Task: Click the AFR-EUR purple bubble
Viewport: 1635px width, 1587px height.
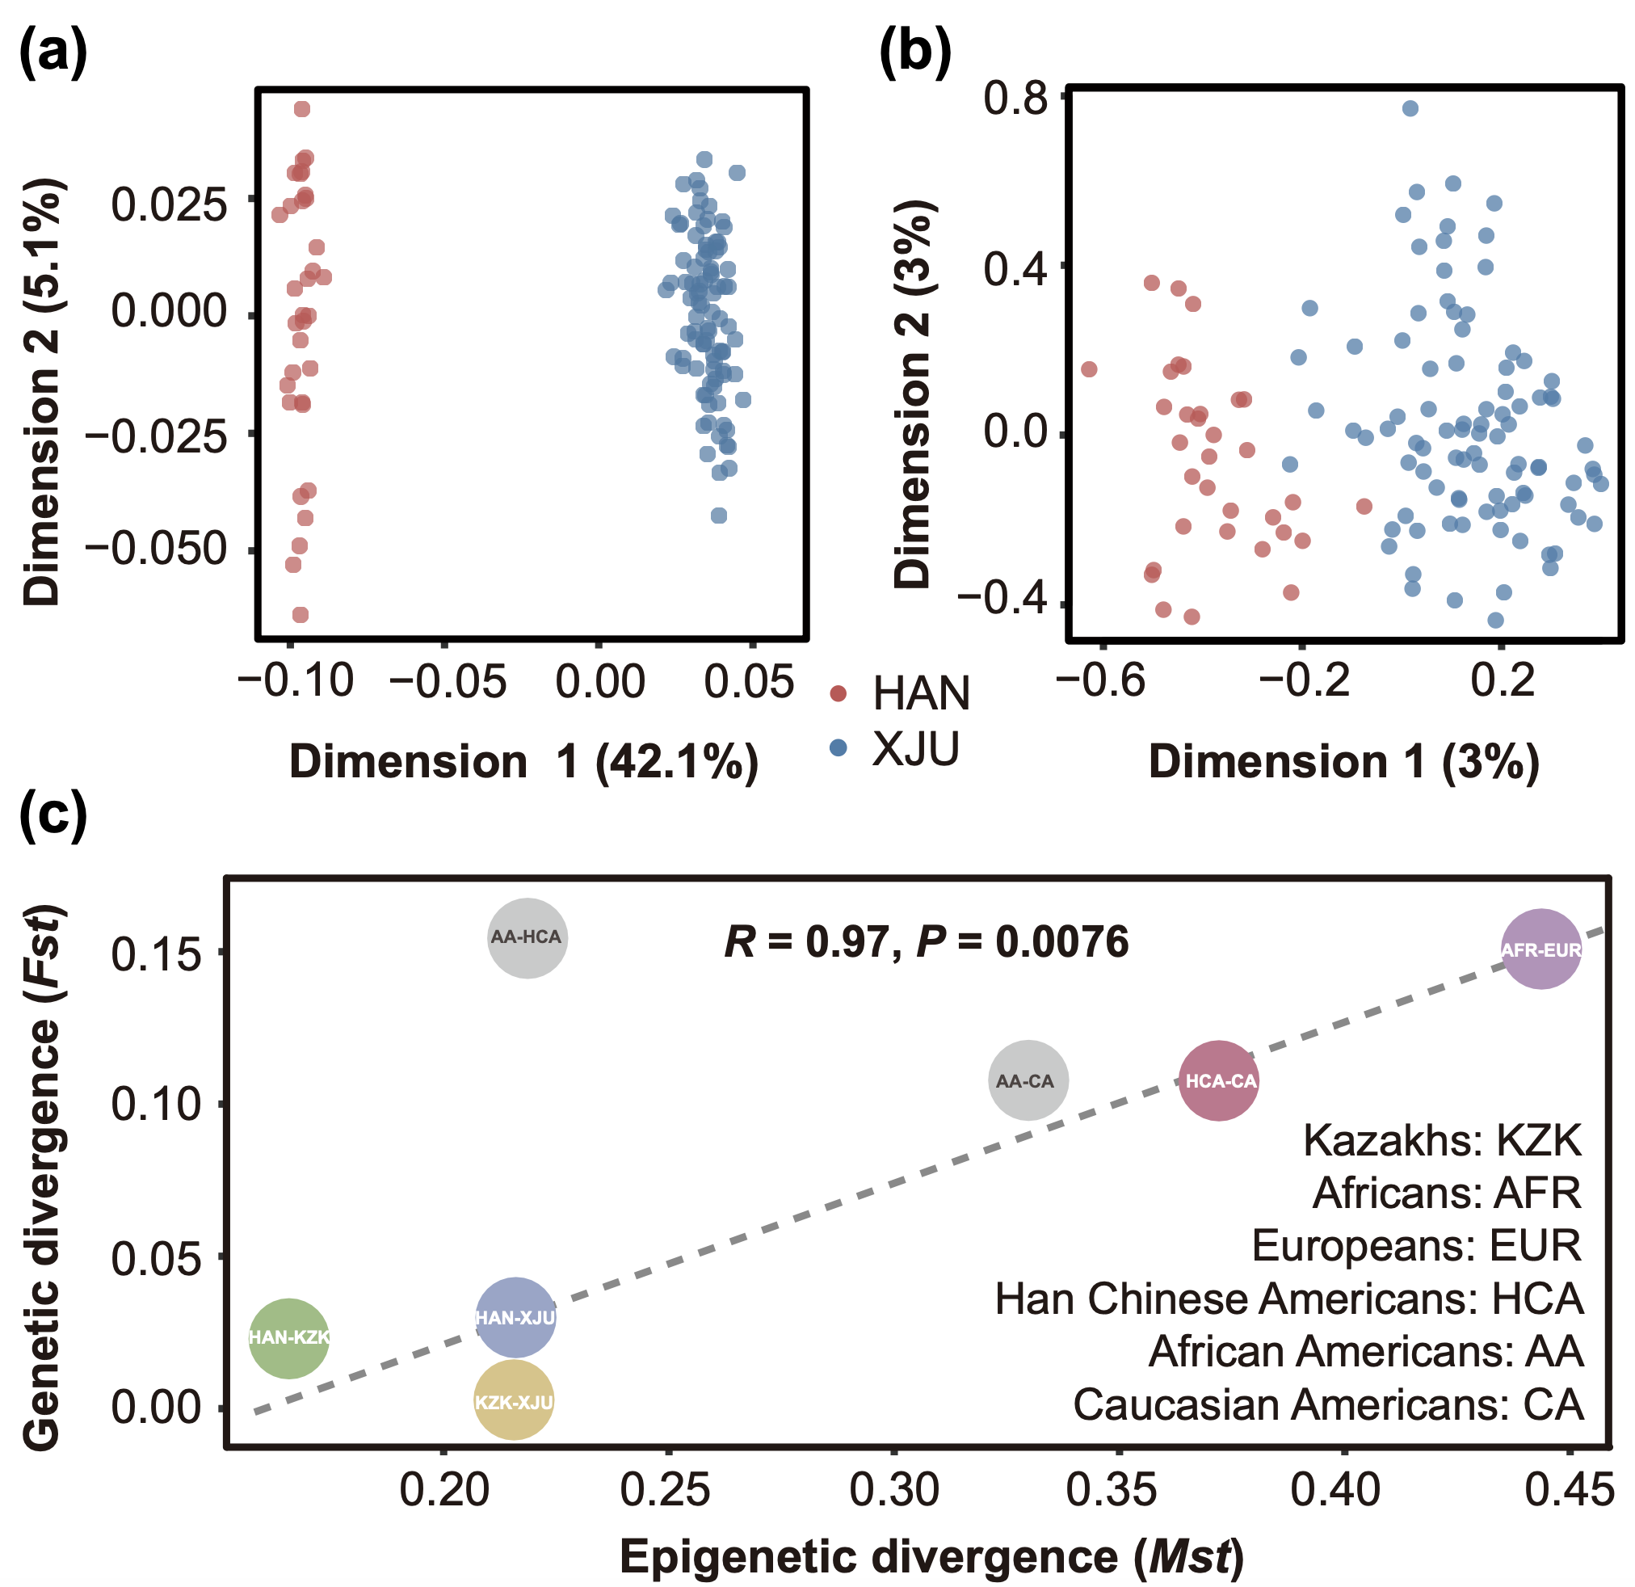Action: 1540,949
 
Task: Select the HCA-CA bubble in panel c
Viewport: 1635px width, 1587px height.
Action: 1219,1080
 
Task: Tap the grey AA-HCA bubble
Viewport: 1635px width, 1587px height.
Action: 527,938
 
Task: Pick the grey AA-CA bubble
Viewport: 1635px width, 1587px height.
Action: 1028,1080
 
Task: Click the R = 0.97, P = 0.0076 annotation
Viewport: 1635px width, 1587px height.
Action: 926,942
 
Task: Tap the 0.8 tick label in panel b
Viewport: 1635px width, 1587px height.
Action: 1015,98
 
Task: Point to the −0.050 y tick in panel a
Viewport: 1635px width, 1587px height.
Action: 157,549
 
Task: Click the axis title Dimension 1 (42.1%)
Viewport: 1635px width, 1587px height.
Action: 524,762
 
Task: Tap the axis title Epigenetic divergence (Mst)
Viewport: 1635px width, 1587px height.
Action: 931,1557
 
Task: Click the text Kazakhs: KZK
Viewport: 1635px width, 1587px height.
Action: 1441,1140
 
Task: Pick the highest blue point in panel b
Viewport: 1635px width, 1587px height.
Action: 1410,108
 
